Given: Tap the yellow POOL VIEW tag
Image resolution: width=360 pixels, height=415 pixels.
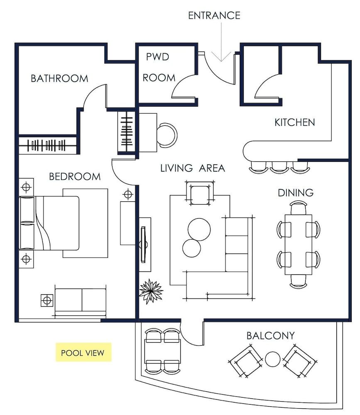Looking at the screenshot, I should click(83, 353).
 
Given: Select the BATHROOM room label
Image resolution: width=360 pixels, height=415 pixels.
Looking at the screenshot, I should click(59, 78).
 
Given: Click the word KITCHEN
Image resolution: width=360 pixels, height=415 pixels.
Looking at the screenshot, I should click(294, 122).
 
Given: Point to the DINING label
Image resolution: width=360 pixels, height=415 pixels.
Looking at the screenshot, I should click(295, 193).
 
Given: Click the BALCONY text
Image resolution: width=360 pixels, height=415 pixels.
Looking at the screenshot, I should click(270, 335).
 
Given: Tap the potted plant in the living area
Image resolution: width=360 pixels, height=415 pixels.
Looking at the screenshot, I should click(150, 290).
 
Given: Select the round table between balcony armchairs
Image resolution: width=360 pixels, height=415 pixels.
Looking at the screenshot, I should click(273, 359).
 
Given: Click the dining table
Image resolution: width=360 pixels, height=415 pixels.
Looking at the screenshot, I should click(298, 244).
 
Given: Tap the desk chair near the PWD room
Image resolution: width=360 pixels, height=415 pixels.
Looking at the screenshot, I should click(167, 135).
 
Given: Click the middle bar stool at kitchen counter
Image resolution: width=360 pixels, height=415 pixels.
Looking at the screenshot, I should click(279, 166).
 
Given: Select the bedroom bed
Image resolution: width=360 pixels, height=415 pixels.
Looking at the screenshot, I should click(50, 223).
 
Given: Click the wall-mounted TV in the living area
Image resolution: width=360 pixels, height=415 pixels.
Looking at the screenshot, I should click(144, 244).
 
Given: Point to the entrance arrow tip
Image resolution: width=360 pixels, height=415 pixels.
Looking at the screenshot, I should click(221, 61).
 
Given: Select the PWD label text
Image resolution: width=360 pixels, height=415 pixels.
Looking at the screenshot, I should click(158, 57).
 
